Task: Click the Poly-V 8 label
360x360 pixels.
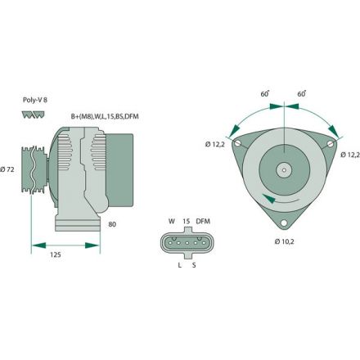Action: [x=34, y=101]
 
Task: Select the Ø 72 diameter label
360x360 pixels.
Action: [x=9, y=169]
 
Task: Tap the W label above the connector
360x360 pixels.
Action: [x=172, y=221]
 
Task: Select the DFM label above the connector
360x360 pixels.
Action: [x=204, y=221]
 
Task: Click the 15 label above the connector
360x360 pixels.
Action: [x=187, y=221]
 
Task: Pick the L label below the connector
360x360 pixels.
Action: [x=179, y=266]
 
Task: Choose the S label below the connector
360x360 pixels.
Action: [x=194, y=266]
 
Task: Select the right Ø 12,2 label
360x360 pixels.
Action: [x=349, y=155]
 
